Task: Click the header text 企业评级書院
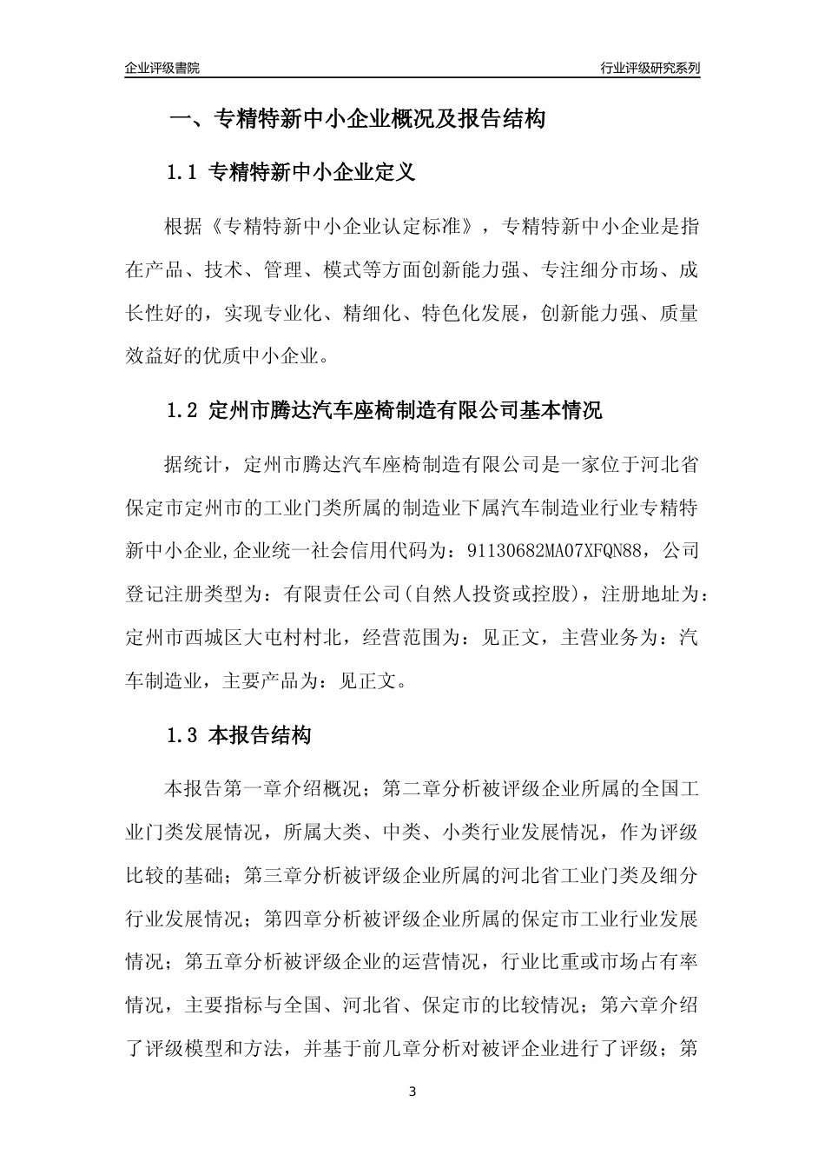click(x=162, y=68)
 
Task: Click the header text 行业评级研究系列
click(x=650, y=68)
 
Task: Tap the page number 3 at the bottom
click(x=412, y=1092)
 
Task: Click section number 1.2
click(x=183, y=411)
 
